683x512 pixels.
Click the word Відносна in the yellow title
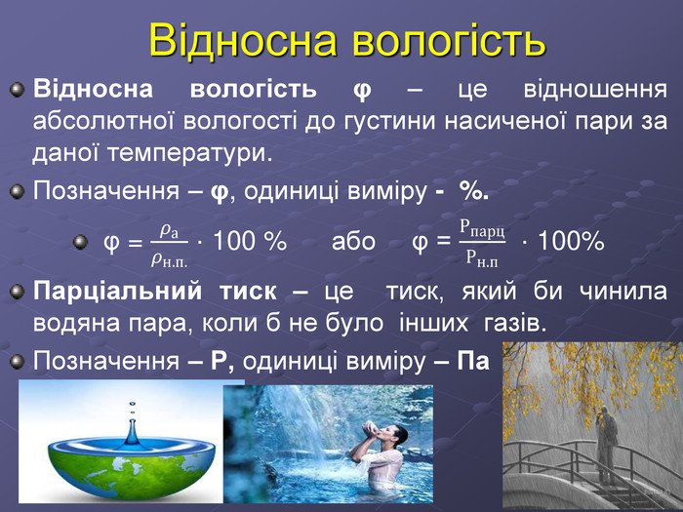tap(244, 40)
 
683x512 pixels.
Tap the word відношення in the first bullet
tap(595, 90)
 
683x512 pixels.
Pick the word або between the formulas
tap(353, 241)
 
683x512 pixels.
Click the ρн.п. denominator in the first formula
tap(169, 260)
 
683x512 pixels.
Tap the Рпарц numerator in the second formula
tap(483, 228)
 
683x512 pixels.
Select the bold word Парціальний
tap(118, 292)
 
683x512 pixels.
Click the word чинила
tap(623, 291)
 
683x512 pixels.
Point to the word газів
tap(515, 323)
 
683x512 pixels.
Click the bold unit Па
tap(473, 361)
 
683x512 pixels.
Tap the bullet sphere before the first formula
tap(80, 242)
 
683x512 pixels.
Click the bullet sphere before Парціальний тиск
tap(17, 292)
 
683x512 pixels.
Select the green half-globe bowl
tap(131, 469)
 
